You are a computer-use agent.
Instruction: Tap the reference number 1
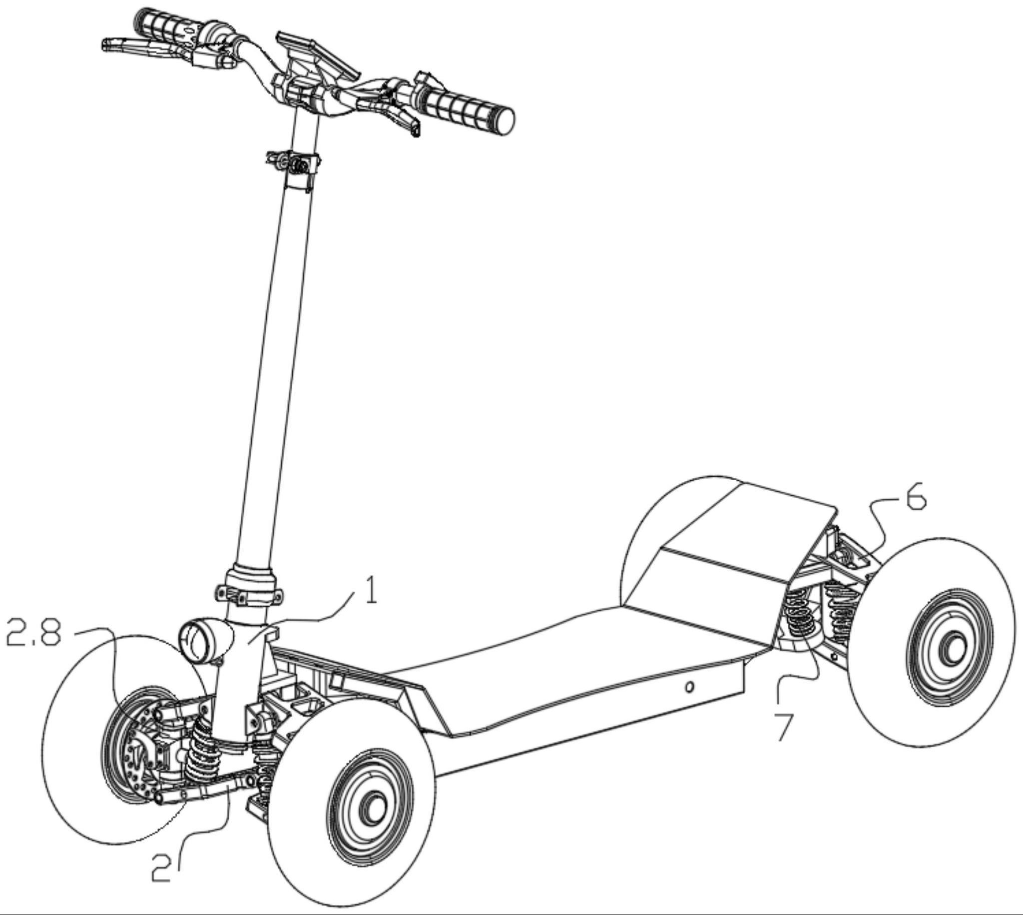(370, 592)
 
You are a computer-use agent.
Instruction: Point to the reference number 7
(784, 727)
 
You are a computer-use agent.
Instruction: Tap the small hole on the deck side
(689, 687)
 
